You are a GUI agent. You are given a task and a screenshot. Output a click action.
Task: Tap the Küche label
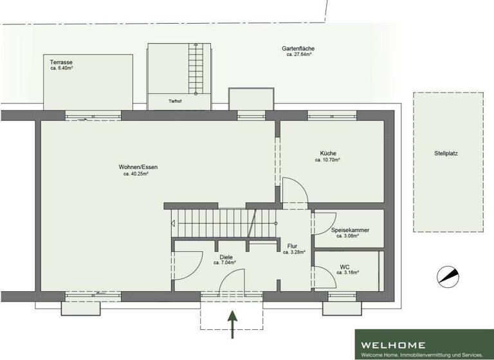[x=327, y=153]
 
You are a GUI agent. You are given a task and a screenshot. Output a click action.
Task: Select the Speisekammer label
[x=350, y=230]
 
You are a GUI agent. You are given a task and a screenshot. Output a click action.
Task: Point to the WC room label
[x=344, y=267]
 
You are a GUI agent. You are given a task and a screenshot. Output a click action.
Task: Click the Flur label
[x=293, y=246]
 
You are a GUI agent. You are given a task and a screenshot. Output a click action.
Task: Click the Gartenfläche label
[x=298, y=49]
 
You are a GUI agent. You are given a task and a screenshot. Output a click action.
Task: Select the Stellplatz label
[x=450, y=154]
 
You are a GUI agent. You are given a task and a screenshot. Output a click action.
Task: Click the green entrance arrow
[x=232, y=323]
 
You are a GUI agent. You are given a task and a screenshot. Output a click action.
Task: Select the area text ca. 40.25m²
[x=136, y=174]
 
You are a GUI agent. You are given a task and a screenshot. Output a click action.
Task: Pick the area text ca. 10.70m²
[x=327, y=159]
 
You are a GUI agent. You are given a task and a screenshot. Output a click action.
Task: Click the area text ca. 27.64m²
[x=299, y=55]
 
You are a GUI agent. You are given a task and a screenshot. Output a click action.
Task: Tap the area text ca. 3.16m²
[x=347, y=273]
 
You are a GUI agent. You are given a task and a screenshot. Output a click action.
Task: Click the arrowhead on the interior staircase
[x=174, y=224]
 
